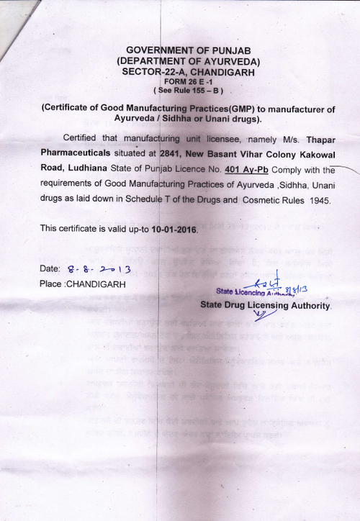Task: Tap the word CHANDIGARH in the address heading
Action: click(x=220, y=73)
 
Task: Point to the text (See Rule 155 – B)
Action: click(x=188, y=91)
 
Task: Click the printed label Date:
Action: click(x=51, y=269)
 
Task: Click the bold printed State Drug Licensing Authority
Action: click(x=265, y=305)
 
